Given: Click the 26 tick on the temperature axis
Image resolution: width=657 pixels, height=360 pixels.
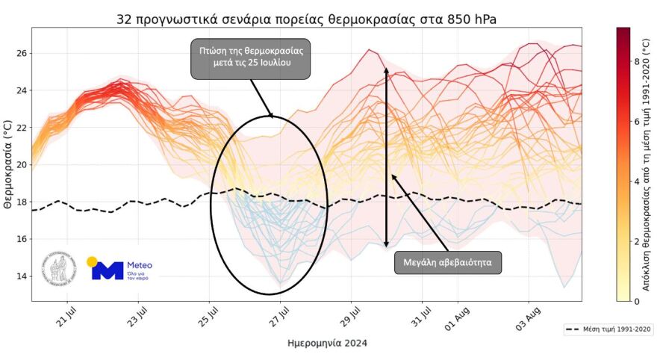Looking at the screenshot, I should pyautogui.click(x=20, y=54).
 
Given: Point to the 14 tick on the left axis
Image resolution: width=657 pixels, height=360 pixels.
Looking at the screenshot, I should pyautogui.click(x=20, y=276).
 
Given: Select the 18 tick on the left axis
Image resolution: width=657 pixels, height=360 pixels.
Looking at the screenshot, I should pyautogui.click(x=20, y=202).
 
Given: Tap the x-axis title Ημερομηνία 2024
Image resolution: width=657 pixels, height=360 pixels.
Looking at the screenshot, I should pyautogui.click(x=327, y=344).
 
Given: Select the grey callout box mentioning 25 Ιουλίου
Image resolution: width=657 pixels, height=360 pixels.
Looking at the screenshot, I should pyautogui.click(x=250, y=59).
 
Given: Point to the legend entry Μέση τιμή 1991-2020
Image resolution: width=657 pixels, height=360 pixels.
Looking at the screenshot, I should pyautogui.click(x=608, y=329).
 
